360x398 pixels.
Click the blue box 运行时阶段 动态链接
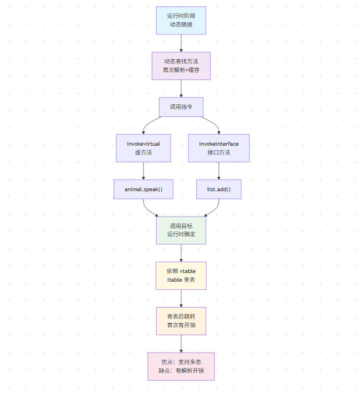[181, 20]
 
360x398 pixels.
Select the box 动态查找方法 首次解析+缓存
[181, 66]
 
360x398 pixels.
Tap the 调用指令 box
[181, 107]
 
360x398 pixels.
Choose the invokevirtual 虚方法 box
[143, 148]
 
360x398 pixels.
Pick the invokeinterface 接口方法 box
[219, 148]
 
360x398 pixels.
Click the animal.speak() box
[143, 189]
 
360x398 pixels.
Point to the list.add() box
[219, 189]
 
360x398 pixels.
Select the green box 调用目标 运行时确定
[181, 230]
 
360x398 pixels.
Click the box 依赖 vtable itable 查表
[181, 275]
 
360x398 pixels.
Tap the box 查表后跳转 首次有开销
[181, 321]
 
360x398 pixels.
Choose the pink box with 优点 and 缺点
[181, 366]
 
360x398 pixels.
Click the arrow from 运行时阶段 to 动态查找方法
[181, 43]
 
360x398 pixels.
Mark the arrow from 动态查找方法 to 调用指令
[181, 88]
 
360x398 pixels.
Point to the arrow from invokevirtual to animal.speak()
[143, 170]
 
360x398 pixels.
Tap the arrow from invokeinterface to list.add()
[219, 170]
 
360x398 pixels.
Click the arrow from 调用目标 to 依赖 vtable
[181, 253]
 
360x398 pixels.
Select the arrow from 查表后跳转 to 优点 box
[181, 343]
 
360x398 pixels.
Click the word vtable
[188, 271]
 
